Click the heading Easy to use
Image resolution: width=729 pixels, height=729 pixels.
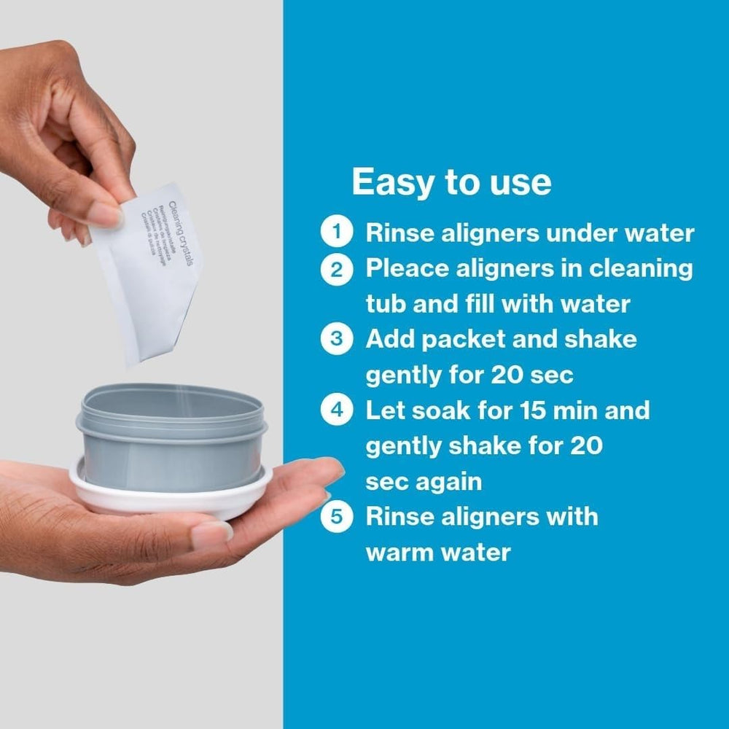coord(451,182)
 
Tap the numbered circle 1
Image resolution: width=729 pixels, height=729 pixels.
coord(336,233)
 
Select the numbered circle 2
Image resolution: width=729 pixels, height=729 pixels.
coord(336,269)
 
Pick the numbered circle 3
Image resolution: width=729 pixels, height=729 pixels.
coord(336,340)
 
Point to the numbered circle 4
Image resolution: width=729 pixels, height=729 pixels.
coord(336,410)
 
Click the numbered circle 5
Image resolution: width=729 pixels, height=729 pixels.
coord(336,517)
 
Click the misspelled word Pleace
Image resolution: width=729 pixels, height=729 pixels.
coord(408,269)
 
